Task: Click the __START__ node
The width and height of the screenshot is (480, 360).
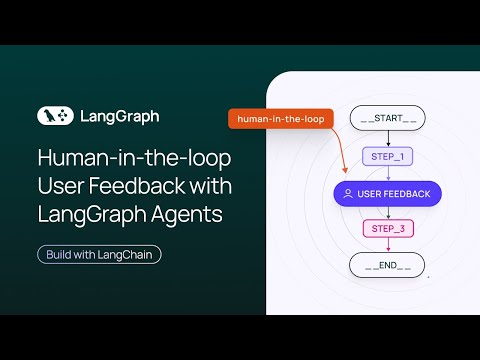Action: coord(387,118)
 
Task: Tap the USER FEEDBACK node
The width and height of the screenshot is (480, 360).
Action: coord(387,193)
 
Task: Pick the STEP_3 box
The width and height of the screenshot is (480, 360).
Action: coord(387,229)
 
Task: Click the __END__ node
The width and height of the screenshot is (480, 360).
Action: coord(387,265)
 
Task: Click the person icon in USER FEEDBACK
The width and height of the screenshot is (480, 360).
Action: coord(347,193)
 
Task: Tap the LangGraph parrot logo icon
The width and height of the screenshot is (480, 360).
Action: coord(54,116)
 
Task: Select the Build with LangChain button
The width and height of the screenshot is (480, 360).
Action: coord(99,254)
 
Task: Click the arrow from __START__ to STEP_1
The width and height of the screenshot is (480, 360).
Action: coord(387,138)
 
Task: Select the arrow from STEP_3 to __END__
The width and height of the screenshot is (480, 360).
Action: coord(387,246)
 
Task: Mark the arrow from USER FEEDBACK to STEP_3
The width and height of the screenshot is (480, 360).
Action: coord(387,212)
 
